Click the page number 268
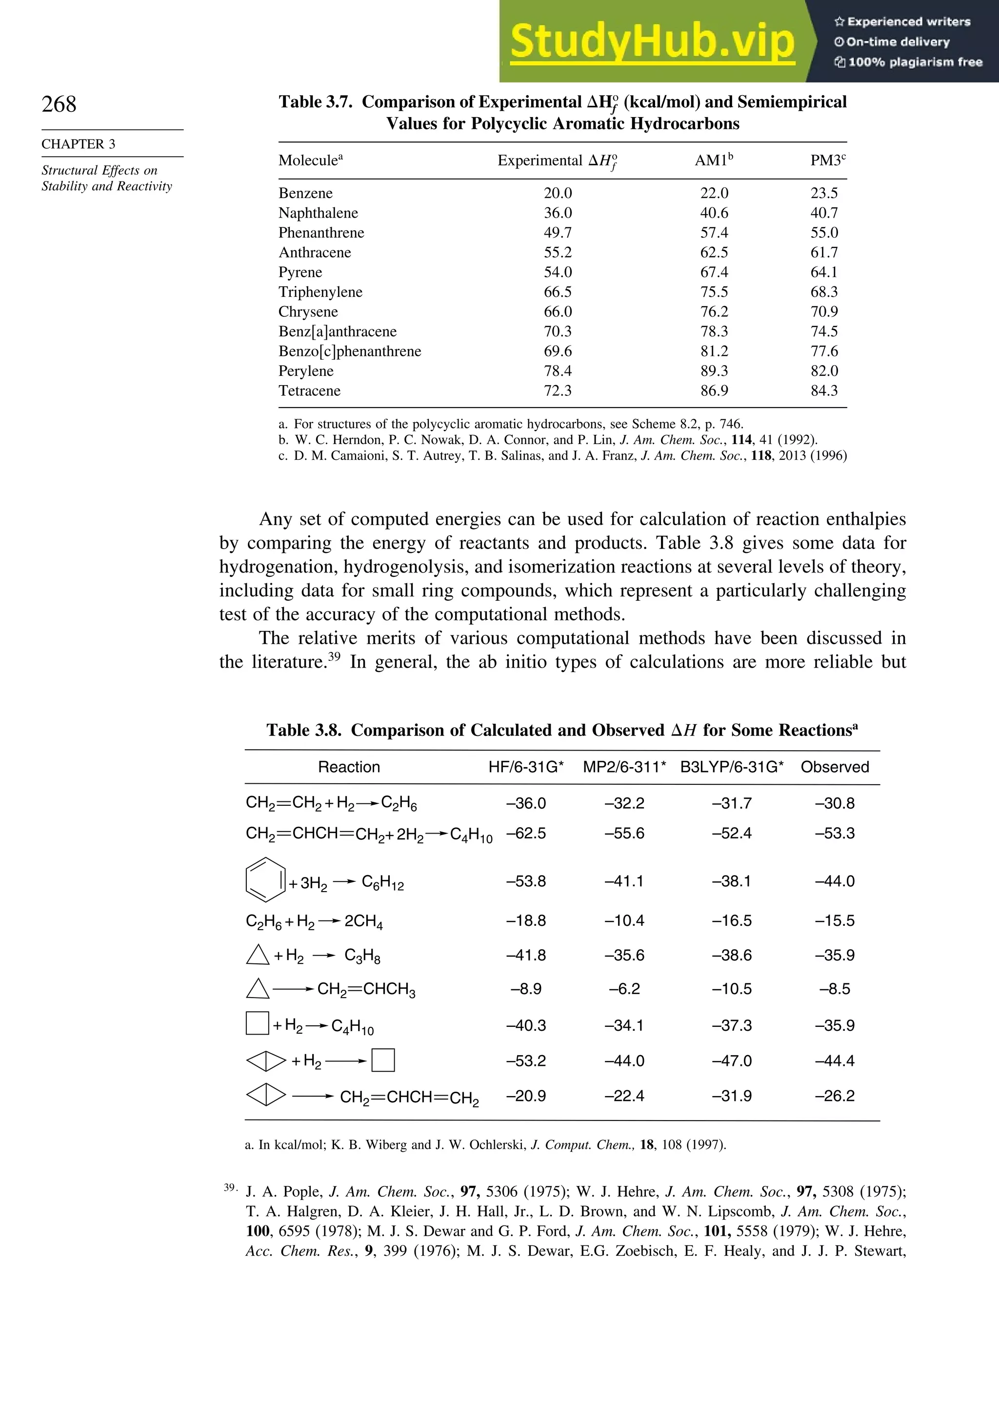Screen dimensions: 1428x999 (x=59, y=104)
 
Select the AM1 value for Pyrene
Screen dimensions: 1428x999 (x=714, y=272)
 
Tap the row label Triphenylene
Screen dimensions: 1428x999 (x=320, y=292)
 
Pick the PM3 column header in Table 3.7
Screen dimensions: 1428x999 (x=827, y=161)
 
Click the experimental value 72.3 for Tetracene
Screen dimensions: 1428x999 (x=558, y=391)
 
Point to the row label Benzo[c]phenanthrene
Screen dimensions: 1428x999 (x=349, y=351)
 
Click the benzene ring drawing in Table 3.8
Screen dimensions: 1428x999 (x=265, y=879)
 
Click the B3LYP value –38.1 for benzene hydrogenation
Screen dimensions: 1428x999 (x=732, y=881)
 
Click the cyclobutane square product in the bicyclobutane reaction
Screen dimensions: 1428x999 (x=383, y=1061)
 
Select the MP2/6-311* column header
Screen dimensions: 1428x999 (x=624, y=767)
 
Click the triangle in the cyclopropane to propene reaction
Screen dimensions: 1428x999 (x=258, y=989)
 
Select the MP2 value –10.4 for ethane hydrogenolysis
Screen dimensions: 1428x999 (x=624, y=921)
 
